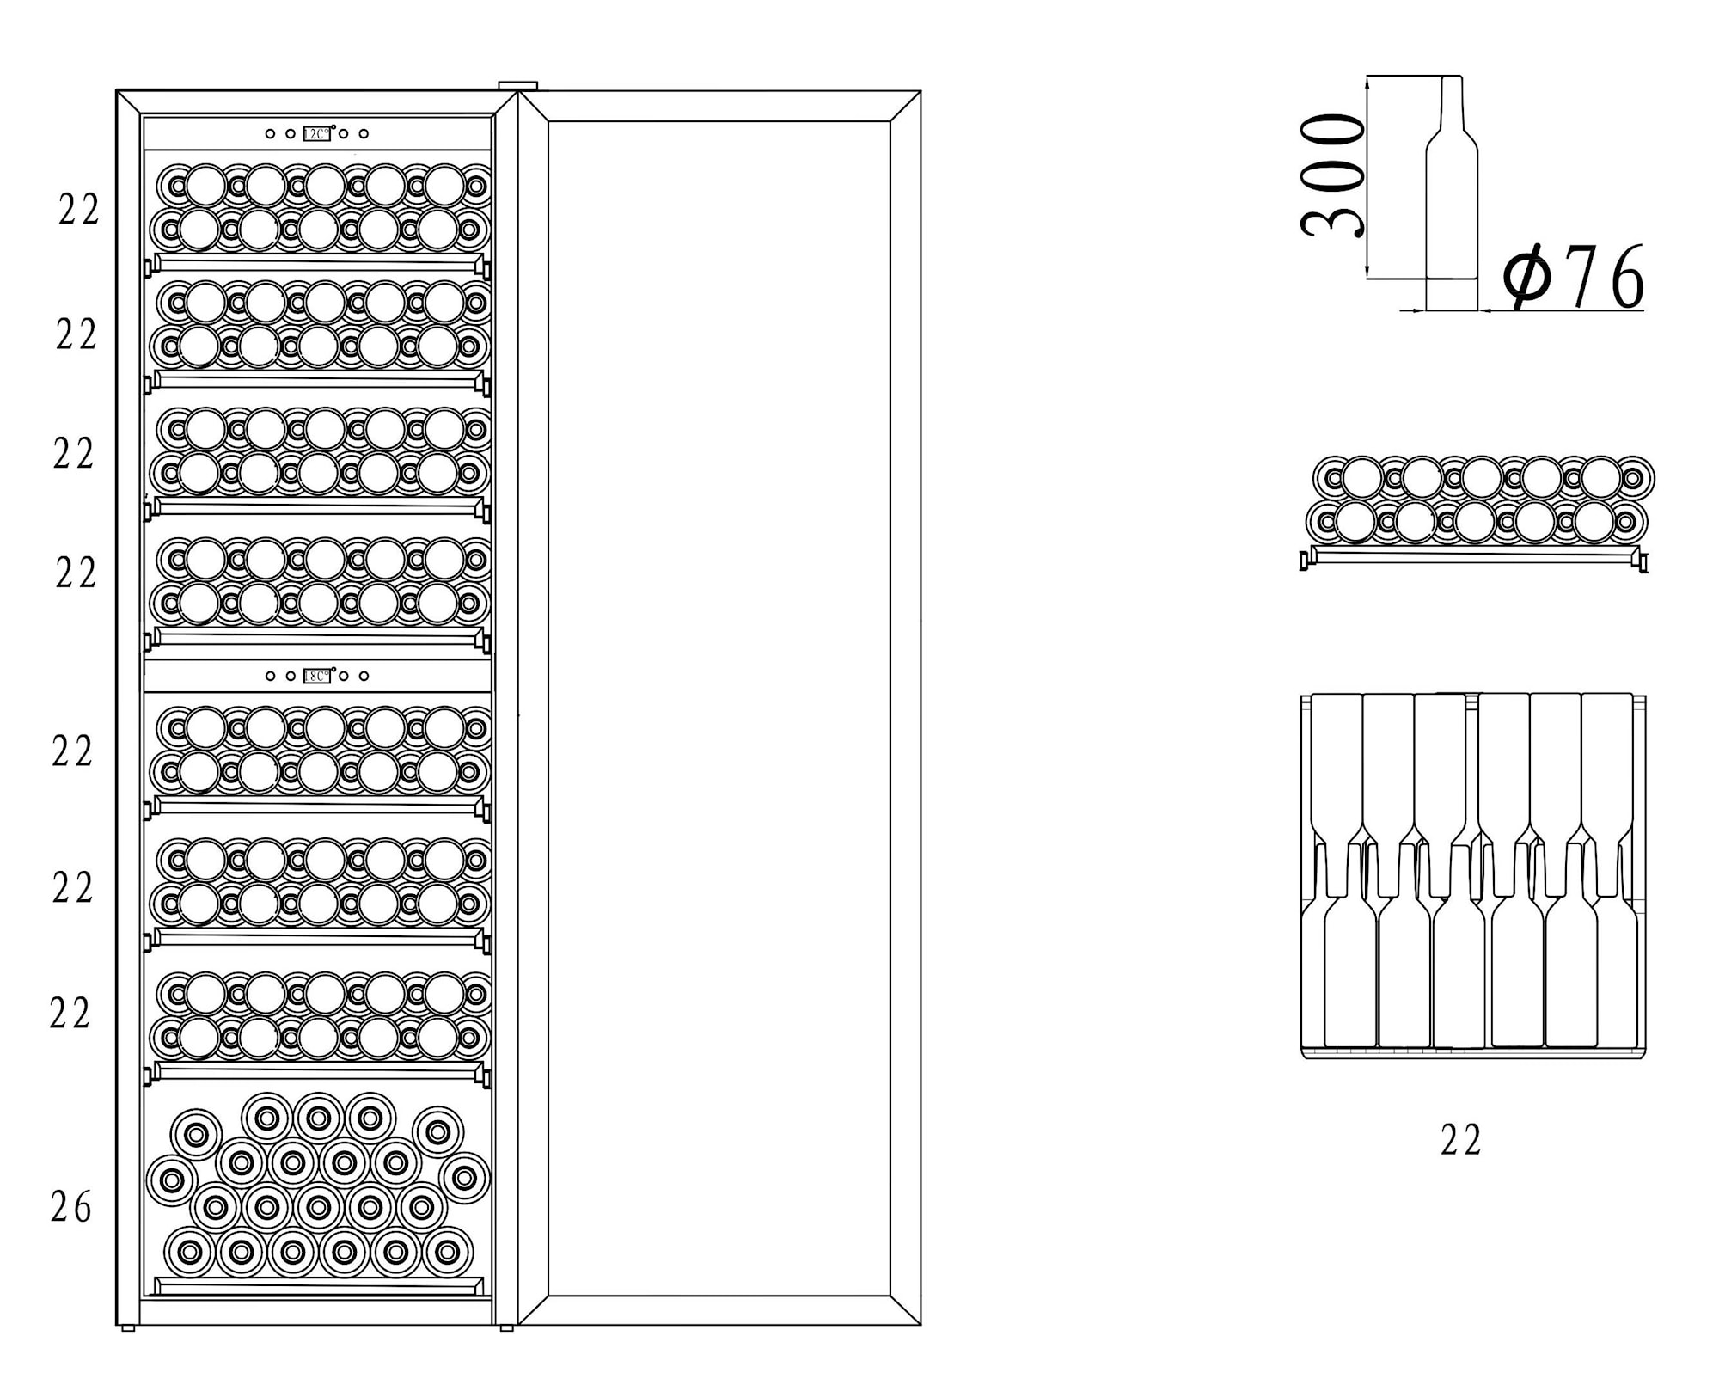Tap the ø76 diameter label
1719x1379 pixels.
click(1574, 276)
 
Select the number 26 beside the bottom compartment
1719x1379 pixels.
click(71, 1208)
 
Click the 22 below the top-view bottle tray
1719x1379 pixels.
click(1461, 1140)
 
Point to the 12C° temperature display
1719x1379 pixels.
click(316, 133)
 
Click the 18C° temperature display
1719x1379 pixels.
click(316, 676)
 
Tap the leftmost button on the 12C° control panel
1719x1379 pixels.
click(270, 133)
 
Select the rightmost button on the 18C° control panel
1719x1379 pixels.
click(364, 676)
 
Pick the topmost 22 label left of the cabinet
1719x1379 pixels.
click(79, 210)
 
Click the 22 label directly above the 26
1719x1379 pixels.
click(70, 1014)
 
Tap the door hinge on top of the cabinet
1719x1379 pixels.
click(518, 86)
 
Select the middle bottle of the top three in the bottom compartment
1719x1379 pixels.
click(319, 1119)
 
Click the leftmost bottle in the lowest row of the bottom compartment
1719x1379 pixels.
click(189, 1252)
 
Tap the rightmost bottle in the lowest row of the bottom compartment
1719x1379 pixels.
click(448, 1252)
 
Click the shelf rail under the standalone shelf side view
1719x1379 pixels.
click(1473, 558)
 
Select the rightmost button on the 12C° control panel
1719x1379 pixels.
click(364, 133)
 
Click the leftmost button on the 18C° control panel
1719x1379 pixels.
click(270, 676)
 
